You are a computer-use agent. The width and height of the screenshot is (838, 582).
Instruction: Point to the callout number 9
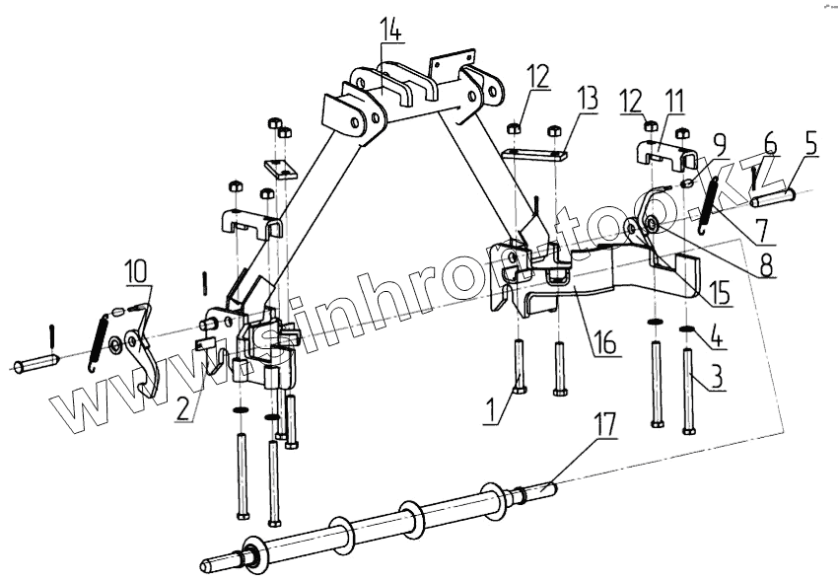pyautogui.click(x=719, y=143)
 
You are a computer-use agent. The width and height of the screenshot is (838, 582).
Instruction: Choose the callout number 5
pyautogui.click(x=810, y=144)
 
